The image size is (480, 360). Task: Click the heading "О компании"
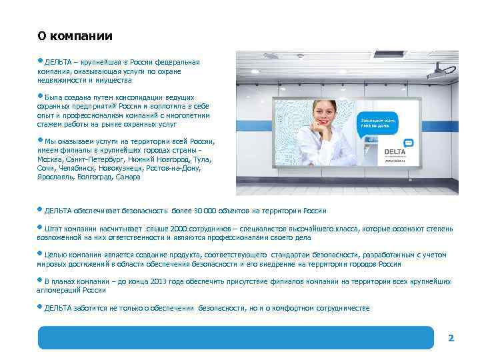point(75,36)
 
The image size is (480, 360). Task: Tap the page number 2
point(451,338)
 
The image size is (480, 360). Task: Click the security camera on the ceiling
point(440,69)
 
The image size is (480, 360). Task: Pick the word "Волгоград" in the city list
point(94,177)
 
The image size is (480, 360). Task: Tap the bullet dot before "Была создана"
point(41,96)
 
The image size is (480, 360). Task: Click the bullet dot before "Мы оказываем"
point(41,139)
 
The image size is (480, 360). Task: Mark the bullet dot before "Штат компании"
point(41,227)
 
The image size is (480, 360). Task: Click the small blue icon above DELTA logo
point(408,142)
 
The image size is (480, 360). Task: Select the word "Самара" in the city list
point(128,177)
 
